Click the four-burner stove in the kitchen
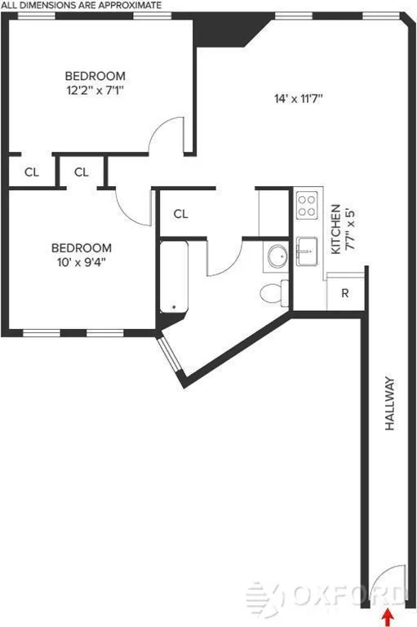307,204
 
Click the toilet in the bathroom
272,291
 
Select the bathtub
174,277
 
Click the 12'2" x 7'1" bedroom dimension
95,91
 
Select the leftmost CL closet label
31,172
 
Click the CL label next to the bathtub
180,214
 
